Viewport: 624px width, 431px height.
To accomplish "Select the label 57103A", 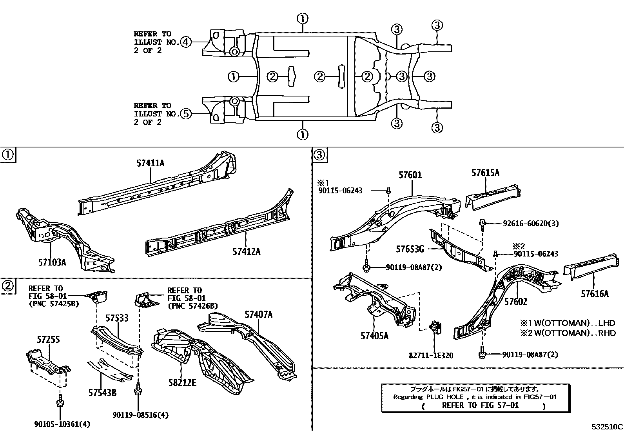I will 52,262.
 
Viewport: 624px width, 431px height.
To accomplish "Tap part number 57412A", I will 246,251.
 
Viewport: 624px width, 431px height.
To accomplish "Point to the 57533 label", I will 117,318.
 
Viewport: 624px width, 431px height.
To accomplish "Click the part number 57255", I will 48,339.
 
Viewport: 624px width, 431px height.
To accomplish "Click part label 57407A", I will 259,315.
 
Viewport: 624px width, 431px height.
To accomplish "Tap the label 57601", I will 410,175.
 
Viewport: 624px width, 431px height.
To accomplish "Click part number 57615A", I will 485,173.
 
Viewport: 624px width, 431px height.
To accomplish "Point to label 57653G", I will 410,249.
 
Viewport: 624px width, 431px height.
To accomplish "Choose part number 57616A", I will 595,293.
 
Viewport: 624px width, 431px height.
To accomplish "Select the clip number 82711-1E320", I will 431,356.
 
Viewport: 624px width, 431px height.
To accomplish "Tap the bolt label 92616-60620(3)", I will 531,224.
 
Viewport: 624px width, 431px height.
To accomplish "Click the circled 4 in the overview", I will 186,42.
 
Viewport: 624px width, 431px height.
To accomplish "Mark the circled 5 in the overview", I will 186,114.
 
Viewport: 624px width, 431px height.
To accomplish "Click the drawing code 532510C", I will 607,426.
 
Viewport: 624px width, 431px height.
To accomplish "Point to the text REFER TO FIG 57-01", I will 480,405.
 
